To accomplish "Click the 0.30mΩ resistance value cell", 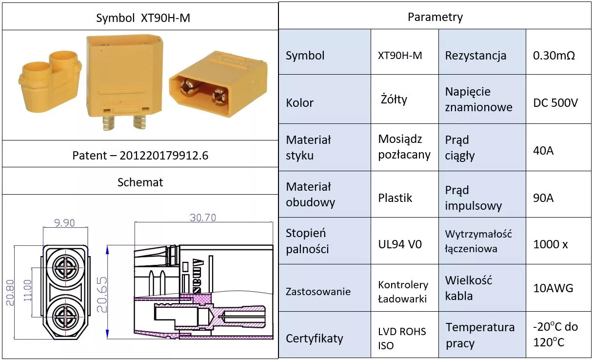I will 554,55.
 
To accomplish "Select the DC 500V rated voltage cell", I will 555,103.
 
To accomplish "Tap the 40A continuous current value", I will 543,150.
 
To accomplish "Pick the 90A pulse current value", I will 543,198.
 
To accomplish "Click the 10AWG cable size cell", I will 553,288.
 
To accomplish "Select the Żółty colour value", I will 394,100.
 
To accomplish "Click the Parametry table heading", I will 435,17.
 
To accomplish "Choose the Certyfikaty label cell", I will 314,338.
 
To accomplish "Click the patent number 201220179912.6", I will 140,155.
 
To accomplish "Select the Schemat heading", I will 140,182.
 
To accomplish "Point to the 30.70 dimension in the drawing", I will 203,218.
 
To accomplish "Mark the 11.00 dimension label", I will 27,292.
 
